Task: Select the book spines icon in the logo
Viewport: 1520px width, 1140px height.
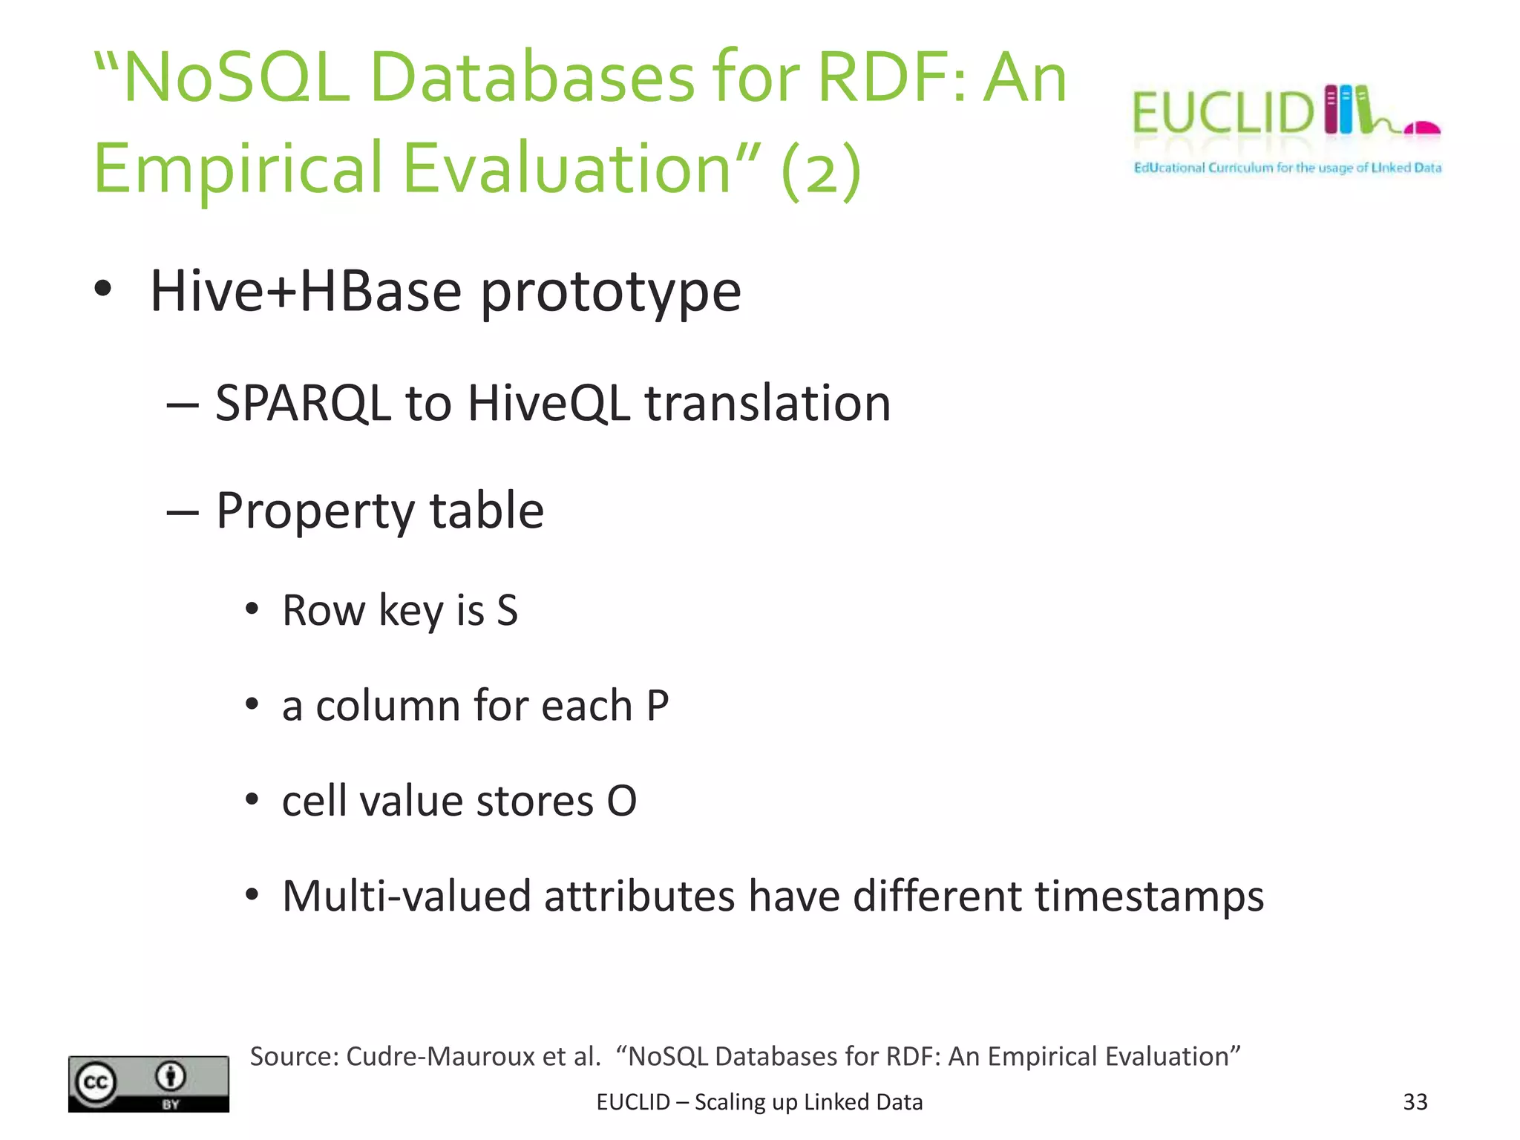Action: [1347, 110]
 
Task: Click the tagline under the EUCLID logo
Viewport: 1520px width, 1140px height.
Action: [1287, 168]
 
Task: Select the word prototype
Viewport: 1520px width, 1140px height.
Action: [610, 292]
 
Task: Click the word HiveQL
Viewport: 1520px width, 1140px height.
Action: [548, 404]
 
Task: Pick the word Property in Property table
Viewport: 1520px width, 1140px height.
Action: [315, 511]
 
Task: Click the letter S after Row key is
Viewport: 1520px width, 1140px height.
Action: [507, 611]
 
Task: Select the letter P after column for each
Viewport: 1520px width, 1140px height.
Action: [658, 706]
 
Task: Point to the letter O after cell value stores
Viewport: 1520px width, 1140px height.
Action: [621, 802]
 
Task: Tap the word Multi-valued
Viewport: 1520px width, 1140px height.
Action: [407, 896]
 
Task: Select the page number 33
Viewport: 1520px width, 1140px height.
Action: [1415, 1102]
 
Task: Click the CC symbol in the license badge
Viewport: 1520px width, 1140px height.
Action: [96, 1082]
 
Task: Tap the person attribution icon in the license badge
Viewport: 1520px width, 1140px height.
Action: [171, 1076]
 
